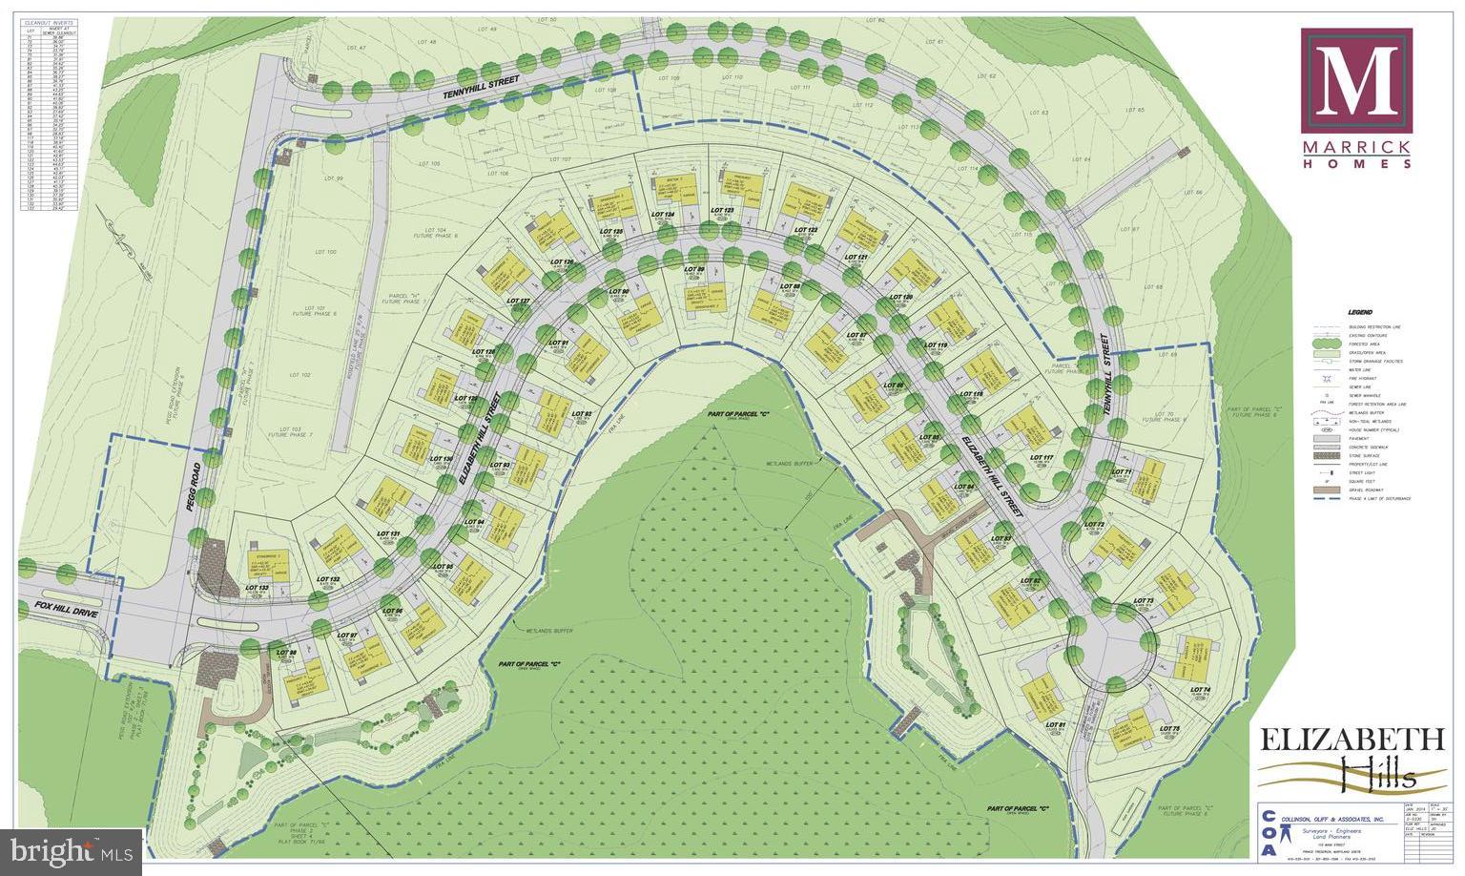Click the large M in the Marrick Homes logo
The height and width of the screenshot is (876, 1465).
[1356, 80]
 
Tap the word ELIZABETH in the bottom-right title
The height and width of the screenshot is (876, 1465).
[1348, 740]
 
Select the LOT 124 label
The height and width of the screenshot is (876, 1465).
[663, 215]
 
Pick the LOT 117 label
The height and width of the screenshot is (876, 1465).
[1042, 459]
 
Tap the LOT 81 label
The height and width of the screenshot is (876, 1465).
[1054, 726]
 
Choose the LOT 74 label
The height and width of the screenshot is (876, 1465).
[1199, 689]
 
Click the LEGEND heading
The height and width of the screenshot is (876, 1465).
[1360, 313]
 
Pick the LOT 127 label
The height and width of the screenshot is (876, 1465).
[518, 302]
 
